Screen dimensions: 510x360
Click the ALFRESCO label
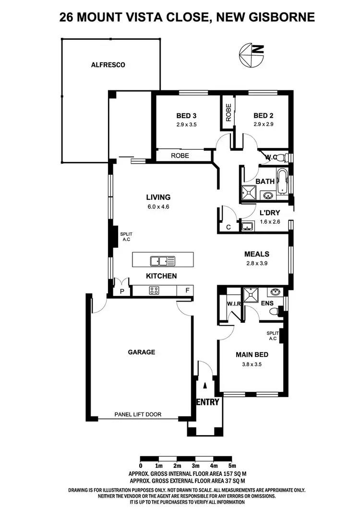(108, 65)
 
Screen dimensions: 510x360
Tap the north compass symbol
(251, 55)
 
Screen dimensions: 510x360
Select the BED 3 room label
(187, 116)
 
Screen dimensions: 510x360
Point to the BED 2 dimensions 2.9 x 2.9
(263, 124)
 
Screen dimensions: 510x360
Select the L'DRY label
(269, 213)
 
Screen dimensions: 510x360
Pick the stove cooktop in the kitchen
(155, 290)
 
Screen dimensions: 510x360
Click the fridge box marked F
(186, 290)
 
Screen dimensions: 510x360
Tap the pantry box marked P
(122, 291)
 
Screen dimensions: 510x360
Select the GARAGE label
(141, 352)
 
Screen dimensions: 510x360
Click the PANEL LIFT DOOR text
(138, 414)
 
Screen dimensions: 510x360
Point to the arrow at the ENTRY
(205, 385)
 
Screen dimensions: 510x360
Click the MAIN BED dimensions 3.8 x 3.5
(252, 364)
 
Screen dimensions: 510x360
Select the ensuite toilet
(273, 312)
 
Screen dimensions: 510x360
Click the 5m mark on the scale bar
(232, 465)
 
